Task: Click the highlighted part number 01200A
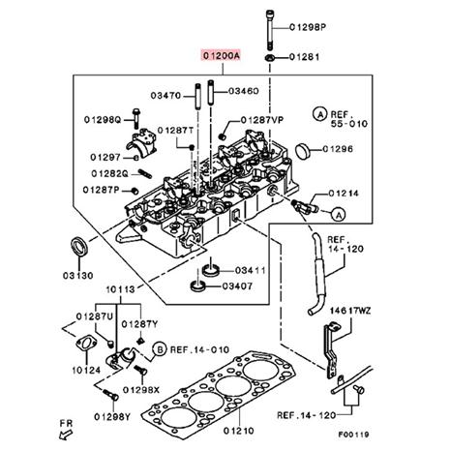(222, 56)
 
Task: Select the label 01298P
(308, 27)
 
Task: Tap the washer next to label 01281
(269, 58)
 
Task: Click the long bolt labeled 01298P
(270, 30)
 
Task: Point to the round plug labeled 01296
(302, 150)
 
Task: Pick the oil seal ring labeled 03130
(79, 247)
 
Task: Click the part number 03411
(251, 270)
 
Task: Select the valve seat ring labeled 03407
(198, 286)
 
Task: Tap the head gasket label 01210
(239, 431)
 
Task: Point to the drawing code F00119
(353, 435)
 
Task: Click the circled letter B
(159, 349)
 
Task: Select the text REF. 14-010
(199, 349)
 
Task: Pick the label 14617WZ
(350, 312)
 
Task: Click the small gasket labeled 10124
(86, 344)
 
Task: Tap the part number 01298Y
(112, 417)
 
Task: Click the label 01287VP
(262, 120)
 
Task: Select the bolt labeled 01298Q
(136, 118)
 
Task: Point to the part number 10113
(121, 289)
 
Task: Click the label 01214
(344, 194)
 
